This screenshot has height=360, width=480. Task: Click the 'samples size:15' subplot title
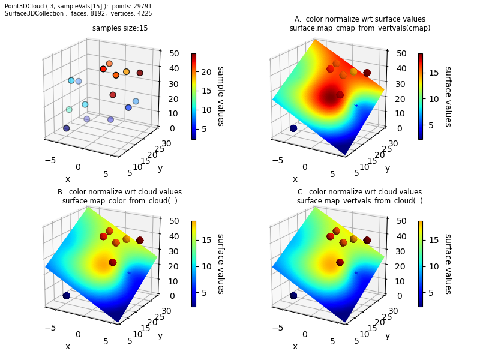[x=120, y=28]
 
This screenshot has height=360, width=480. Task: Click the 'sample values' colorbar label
[x=221, y=97]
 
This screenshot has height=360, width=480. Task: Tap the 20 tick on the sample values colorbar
[x=206, y=72]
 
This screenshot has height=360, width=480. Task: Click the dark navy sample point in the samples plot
[x=67, y=128]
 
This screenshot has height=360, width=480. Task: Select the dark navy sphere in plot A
[x=293, y=128]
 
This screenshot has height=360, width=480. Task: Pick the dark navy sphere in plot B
[x=67, y=296]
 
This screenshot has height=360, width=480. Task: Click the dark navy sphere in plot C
[x=293, y=296]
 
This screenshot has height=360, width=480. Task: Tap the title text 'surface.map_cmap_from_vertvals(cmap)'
[x=360, y=28]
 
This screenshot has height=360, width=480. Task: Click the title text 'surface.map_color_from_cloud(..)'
[x=119, y=201]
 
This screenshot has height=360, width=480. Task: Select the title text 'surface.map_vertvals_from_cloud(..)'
[x=359, y=201]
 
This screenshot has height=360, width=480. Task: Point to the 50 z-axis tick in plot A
[x=401, y=53]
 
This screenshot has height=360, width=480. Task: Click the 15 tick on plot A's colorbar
[x=434, y=73]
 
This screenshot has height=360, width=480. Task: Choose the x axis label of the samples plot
[x=68, y=179]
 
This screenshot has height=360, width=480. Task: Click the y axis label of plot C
[x=388, y=336]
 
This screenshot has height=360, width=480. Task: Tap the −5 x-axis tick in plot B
[x=50, y=328]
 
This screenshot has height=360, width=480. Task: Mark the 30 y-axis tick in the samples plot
[x=167, y=143]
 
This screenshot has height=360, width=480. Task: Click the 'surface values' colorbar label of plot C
[x=448, y=264]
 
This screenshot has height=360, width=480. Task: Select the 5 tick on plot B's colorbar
[x=204, y=293]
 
